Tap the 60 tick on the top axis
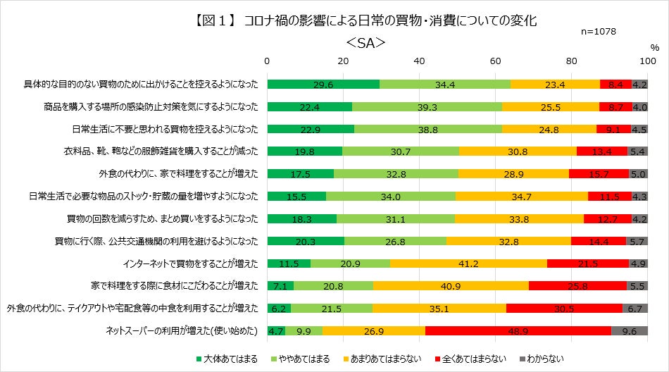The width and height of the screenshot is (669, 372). (x=495, y=62)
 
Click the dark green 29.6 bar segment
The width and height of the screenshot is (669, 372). (x=323, y=85)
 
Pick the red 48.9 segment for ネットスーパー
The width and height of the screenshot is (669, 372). (x=518, y=330)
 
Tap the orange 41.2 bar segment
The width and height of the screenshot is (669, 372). (x=468, y=263)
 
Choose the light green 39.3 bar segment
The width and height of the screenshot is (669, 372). (x=427, y=107)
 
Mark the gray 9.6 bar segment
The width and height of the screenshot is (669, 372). (x=630, y=330)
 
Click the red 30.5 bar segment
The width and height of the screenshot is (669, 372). (x=563, y=308)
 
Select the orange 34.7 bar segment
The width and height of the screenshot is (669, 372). (x=522, y=197)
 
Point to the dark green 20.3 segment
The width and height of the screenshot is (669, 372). (x=306, y=241)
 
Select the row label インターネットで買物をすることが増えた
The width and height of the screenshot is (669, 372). (x=190, y=263)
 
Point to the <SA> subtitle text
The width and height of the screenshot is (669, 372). (x=365, y=43)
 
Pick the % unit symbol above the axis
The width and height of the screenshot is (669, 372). (x=654, y=47)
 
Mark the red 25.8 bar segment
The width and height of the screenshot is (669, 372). (x=577, y=286)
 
